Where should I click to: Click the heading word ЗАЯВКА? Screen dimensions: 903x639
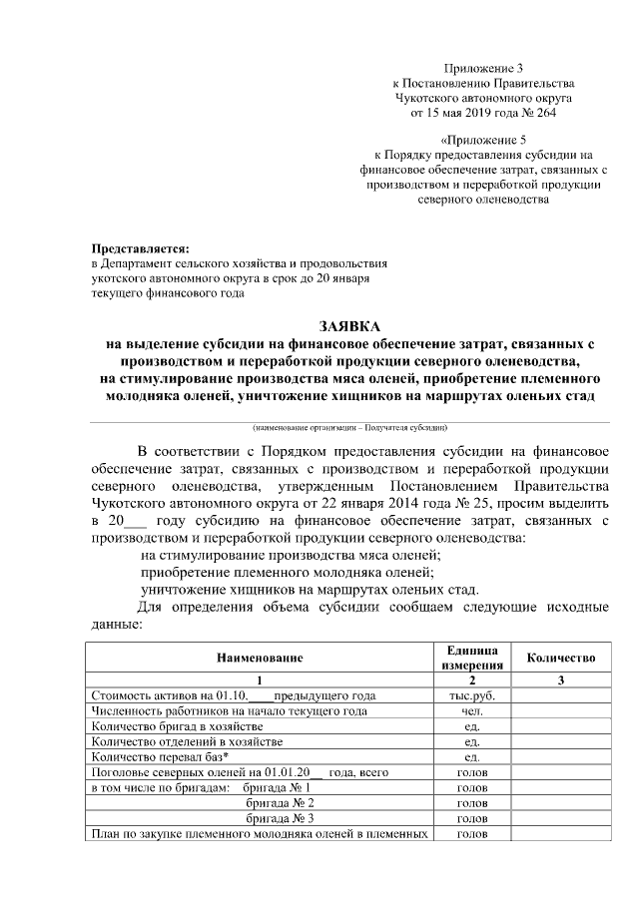348,326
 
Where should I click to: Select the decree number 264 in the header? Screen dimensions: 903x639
543,113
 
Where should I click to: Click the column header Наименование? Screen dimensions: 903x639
259,658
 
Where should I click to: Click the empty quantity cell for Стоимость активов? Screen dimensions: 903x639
561,695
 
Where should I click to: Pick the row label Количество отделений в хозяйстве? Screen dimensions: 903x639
187,741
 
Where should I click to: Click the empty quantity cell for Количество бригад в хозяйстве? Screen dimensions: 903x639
561,726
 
